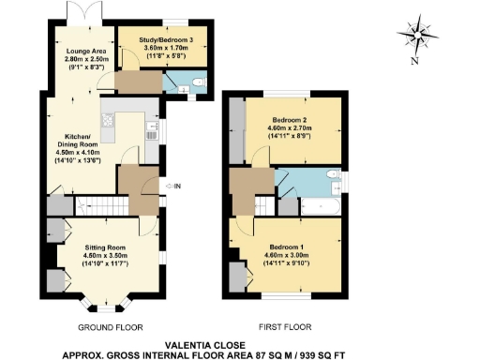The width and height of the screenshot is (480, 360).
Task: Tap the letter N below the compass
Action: (x=413, y=63)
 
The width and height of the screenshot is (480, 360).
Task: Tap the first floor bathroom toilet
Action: (x=328, y=178)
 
